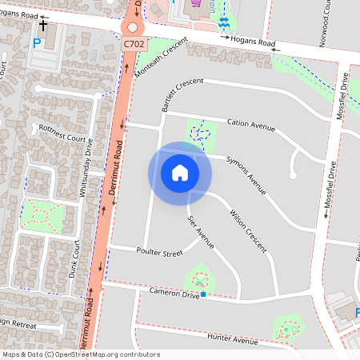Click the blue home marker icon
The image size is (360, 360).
click(180, 173)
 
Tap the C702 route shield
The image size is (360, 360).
click(134, 45)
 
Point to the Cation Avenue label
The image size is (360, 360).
click(250, 125)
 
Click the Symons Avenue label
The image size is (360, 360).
click(246, 174)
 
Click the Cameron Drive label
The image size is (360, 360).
click(174, 294)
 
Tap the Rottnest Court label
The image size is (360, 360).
click(62, 138)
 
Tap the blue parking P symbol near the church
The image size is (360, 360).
click(36, 42)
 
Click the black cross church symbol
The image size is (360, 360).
click(42, 26)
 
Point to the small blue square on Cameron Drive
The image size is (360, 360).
click(204, 295)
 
